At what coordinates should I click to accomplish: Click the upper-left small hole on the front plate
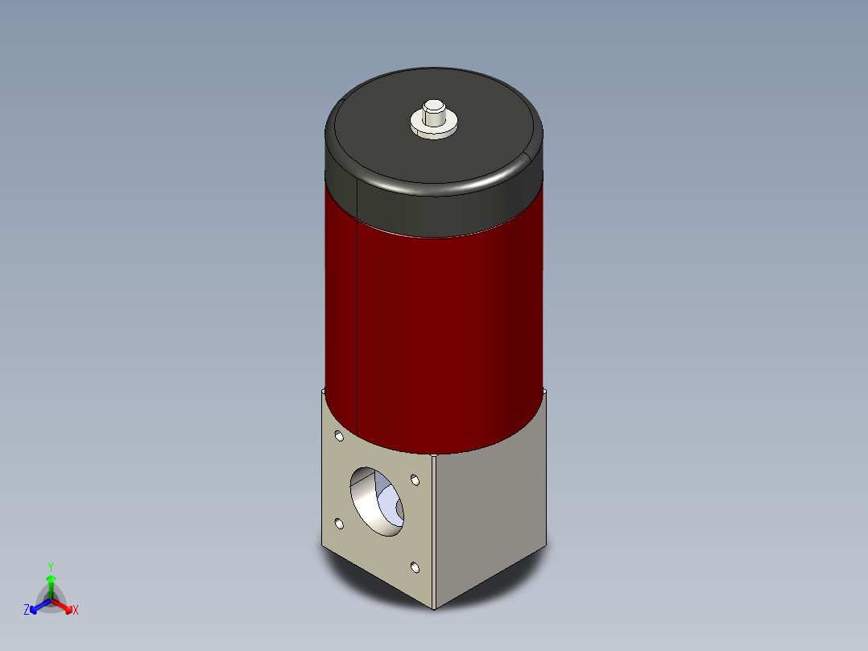point(339,437)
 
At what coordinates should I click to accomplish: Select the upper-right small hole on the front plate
point(415,481)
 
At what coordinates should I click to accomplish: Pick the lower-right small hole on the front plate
point(415,567)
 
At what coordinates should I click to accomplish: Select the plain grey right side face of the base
point(491,516)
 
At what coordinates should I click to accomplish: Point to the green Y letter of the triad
point(51,566)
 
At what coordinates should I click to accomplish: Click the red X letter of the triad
point(75,611)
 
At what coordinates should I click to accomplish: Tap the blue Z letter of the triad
point(27,610)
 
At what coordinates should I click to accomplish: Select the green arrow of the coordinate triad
point(51,583)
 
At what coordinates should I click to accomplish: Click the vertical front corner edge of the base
point(435,532)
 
